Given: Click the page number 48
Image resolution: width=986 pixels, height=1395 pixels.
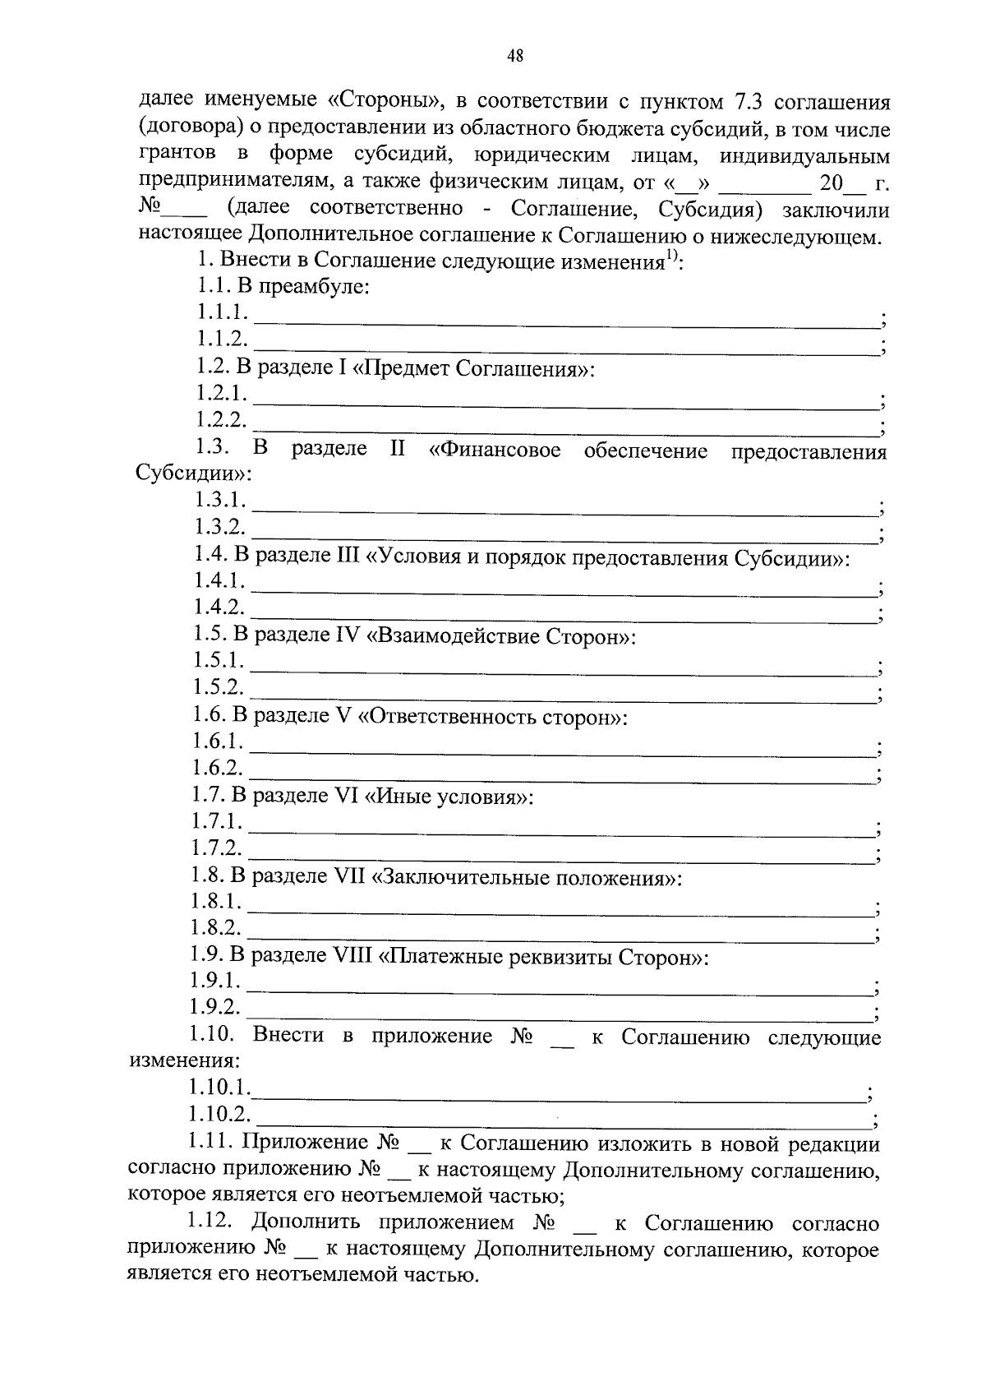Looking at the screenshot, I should coord(515,56).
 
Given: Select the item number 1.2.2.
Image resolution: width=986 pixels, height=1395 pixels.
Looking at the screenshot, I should coord(221,420).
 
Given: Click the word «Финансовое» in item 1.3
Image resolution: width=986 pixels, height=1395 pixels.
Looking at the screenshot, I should coord(495,450).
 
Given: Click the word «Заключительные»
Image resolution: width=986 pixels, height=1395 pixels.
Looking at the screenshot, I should coord(462,877).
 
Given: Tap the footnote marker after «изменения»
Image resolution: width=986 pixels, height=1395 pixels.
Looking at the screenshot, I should coord(672,259).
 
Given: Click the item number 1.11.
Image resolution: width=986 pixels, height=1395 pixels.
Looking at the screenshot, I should coord(211,1143).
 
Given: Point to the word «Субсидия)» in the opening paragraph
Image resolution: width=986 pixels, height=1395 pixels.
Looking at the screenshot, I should coord(707,209).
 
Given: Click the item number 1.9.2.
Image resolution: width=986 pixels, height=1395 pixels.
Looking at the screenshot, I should coord(214,1007).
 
